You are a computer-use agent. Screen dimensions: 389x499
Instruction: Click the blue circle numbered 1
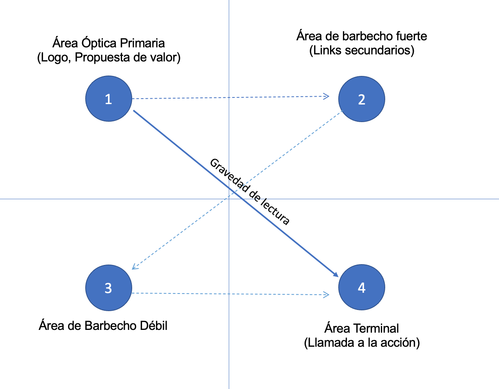pos(109,99)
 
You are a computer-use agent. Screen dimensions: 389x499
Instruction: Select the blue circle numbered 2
pos(361,99)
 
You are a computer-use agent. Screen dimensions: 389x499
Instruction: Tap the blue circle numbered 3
pos(109,288)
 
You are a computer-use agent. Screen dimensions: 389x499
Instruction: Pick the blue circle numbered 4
pos(361,287)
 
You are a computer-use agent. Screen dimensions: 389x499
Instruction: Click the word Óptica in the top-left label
pos(99,43)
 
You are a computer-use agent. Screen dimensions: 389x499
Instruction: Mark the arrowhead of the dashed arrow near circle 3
pos(134,267)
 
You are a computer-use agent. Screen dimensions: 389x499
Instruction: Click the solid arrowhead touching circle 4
pos(335,274)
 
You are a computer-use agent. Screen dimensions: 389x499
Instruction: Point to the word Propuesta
pos(102,58)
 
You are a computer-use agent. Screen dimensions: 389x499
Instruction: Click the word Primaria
pos(142,43)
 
